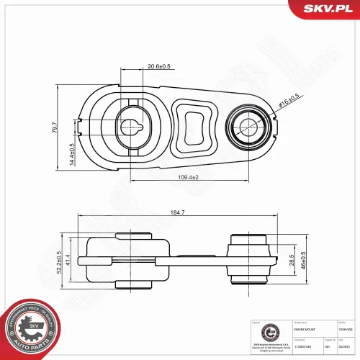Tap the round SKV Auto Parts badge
32,326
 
